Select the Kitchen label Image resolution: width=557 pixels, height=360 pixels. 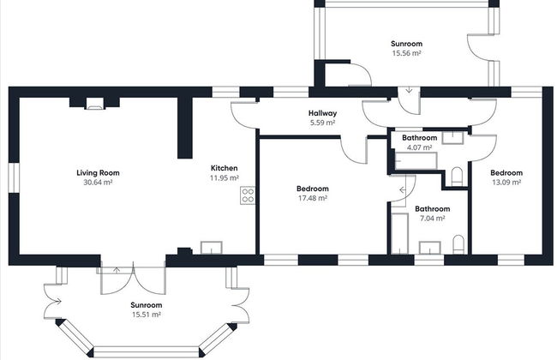click(225, 168)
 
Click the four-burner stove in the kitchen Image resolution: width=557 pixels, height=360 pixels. click(247, 195)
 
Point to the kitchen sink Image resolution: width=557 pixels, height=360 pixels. click(211, 248)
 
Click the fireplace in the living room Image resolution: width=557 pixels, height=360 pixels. click(93, 105)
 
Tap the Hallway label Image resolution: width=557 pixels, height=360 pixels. click(322, 113)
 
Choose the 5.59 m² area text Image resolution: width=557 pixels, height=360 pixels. click(322, 123)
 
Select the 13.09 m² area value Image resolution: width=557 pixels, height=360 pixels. click(506, 182)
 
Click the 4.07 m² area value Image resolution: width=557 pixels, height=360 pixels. click(420, 147)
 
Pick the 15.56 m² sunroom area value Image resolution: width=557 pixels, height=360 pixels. click(406, 53)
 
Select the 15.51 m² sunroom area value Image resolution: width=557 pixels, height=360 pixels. click(146, 315)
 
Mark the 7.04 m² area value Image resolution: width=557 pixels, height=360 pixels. click(432, 218)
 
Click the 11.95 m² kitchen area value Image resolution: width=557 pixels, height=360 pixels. click(225, 177)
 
